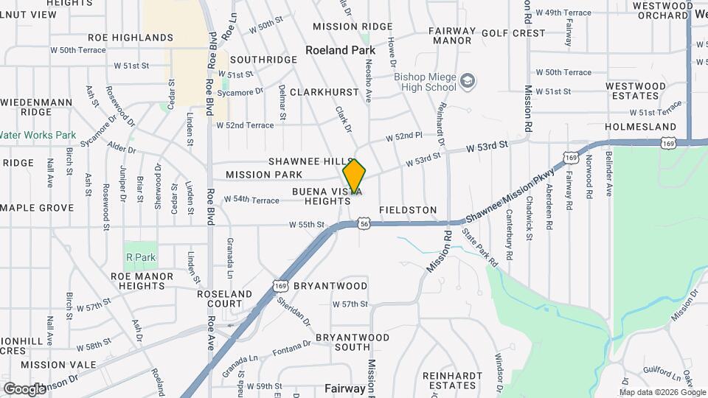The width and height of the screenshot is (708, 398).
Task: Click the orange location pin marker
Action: pyautogui.click(x=354, y=177)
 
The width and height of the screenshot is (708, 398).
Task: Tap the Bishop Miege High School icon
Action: pyautogui.click(x=467, y=80)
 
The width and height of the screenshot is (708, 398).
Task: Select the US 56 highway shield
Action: pyautogui.click(x=364, y=222)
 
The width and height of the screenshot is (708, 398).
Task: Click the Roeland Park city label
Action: pyautogui.click(x=341, y=51)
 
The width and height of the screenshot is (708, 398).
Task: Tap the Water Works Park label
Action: pyautogui.click(x=38, y=135)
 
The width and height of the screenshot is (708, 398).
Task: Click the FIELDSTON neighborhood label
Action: pyautogui.click(x=408, y=210)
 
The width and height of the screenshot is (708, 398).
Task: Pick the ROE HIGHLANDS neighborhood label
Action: pyautogui.click(x=131, y=37)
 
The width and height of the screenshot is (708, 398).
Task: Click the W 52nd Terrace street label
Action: pyautogui.click(x=245, y=125)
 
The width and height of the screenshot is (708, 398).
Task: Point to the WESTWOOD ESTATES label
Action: pyautogui.click(x=632, y=91)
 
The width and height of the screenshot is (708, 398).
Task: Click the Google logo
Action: pyautogui.click(x=24, y=388)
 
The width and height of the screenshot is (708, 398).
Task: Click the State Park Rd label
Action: pyautogui.click(x=479, y=247)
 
